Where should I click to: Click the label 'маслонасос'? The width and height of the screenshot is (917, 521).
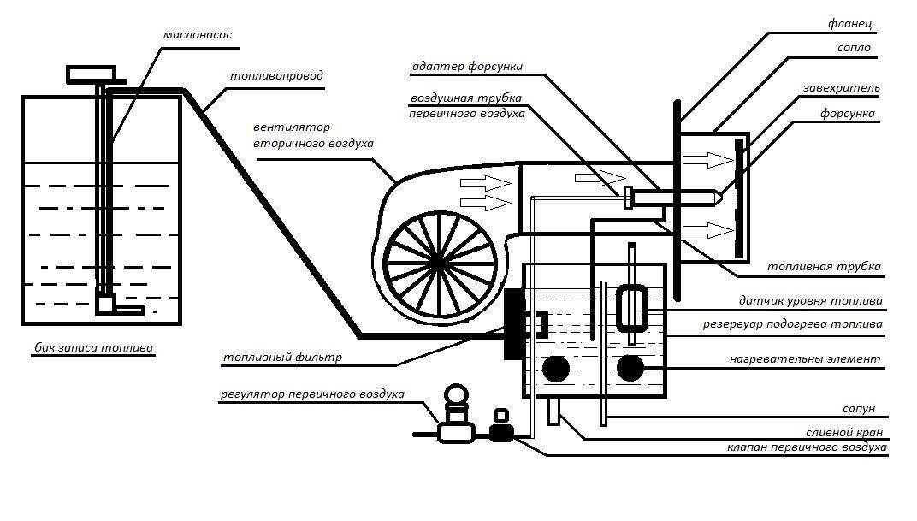(x=197, y=36)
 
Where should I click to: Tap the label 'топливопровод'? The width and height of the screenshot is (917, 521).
(x=276, y=76)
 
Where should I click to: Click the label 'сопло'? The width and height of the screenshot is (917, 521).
(x=854, y=48)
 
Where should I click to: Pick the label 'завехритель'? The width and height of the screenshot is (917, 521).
(x=841, y=88)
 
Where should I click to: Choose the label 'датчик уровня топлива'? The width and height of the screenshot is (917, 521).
(x=810, y=301)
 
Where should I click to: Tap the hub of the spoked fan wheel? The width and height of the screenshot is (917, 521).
(x=438, y=258)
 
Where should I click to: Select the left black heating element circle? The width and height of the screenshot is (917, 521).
(x=555, y=369)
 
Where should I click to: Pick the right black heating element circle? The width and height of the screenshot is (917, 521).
(x=630, y=368)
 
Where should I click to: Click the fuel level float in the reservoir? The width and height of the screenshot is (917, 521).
(x=631, y=307)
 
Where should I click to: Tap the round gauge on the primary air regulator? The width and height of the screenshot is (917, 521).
(x=453, y=396)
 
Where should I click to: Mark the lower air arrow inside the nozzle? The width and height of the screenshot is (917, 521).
(x=706, y=230)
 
